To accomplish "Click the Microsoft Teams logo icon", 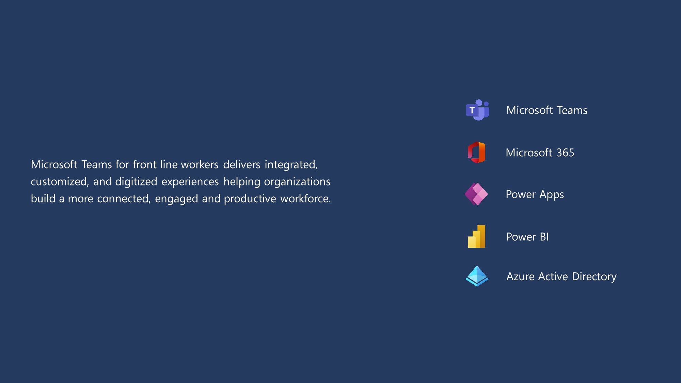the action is [478, 110].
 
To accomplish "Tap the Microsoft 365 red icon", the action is [476, 152].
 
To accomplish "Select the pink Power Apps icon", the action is [476, 194].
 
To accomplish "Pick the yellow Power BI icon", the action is [476, 236].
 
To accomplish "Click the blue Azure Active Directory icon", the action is [477, 276].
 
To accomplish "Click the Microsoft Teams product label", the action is [547, 110].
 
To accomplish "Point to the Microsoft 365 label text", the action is [540, 153].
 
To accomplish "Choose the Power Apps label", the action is [535, 195].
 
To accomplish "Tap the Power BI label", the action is [527, 237].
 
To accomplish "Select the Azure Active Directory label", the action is [561, 277].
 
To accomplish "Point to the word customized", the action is [60, 182].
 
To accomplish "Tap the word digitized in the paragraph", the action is [136, 182].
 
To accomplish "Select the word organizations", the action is [297, 182].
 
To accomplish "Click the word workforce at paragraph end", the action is [305, 198].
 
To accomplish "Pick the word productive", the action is [250, 199].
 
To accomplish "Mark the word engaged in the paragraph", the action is [176, 199].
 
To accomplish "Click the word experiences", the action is [190, 182].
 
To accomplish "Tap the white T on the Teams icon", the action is [472, 110].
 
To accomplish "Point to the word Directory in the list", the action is [594, 277].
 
